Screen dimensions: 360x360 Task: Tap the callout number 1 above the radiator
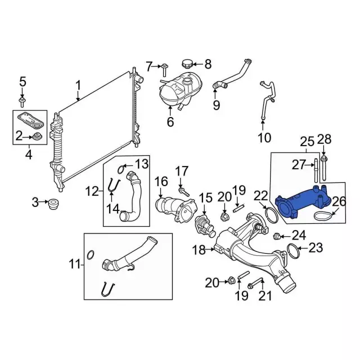click(78, 85)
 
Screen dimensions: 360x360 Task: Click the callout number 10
click(264, 137)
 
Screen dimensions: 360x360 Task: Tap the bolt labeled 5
click(22, 101)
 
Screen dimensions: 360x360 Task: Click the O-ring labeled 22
click(269, 214)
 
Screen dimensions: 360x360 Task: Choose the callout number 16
click(161, 181)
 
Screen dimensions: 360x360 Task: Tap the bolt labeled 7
click(164, 70)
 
